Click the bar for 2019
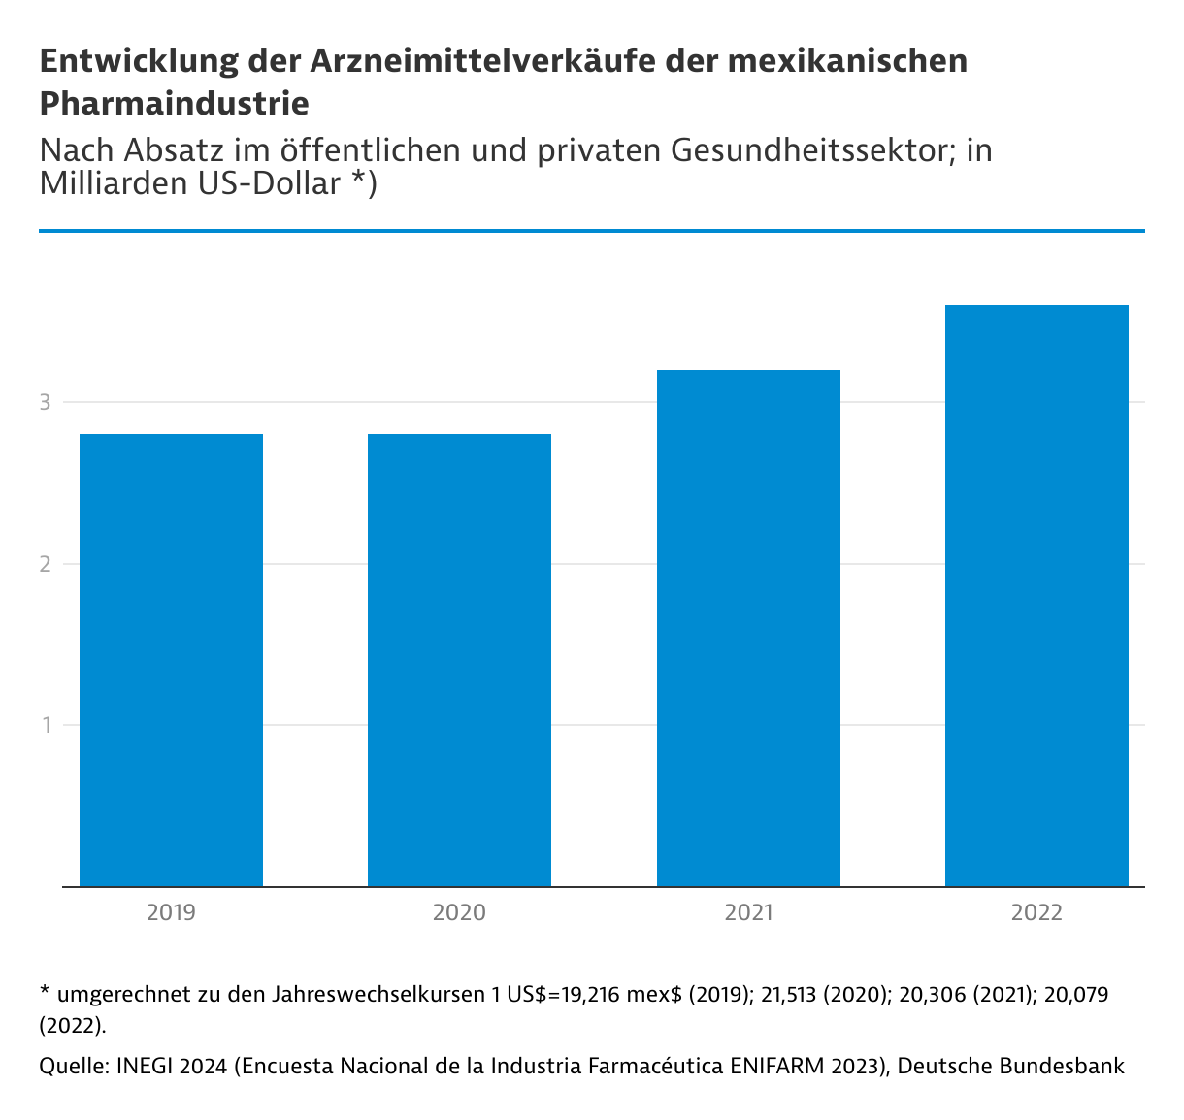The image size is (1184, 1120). pos(171,660)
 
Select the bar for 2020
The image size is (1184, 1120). pos(459,660)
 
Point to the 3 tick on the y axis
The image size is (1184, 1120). pos(45,402)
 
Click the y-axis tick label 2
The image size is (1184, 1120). pos(45,564)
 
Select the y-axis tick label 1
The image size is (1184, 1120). pos(45,725)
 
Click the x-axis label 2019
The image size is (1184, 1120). pos(171,913)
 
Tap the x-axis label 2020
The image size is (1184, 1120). pos(459,913)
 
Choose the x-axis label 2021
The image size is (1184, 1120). pos(748,913)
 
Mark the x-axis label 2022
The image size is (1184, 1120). pos(1036,913)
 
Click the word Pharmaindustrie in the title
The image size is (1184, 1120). pos(175,103)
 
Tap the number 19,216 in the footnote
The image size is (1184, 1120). pos(591,995)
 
